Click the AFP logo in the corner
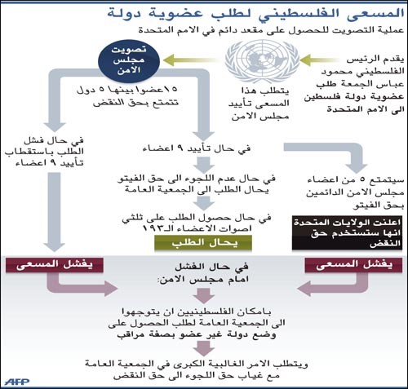(17, 382)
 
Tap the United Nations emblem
(262, 61)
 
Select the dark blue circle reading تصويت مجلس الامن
(129, 60)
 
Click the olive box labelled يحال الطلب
(203, 243)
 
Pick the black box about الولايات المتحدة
(347, 233)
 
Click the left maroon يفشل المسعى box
(55, 265)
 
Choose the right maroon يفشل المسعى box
(353, 265)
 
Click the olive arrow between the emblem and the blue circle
(190, 60)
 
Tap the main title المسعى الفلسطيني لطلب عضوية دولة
(255, 14)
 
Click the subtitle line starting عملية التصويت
(271, 29)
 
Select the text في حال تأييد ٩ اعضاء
(197, 148)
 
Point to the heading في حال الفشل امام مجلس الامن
(203, 272)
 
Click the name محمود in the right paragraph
(336, 72)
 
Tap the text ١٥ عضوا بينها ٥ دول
(127, 90)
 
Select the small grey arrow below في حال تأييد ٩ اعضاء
(204, 165)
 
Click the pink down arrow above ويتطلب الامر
(204, 348)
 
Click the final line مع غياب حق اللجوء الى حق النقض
(197, 375)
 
